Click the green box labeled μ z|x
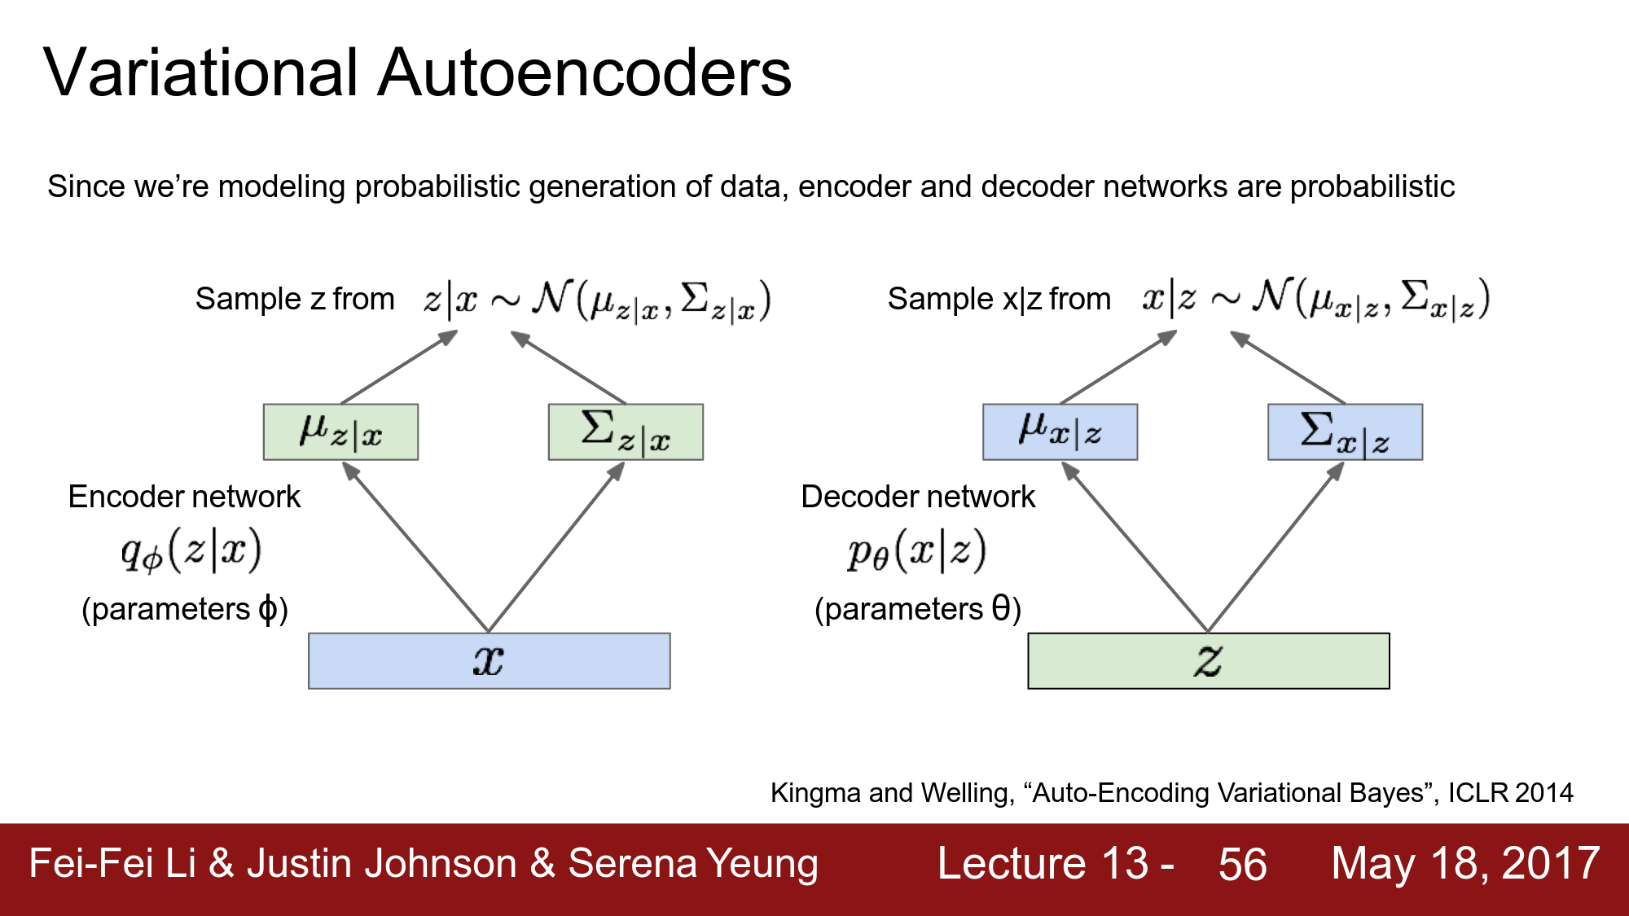(x=340, y=432)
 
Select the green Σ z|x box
(x=626, y=432)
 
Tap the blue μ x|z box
(x=1060, y=432)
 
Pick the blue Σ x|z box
(x=1345, y=432)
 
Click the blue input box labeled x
(x=489, y=661)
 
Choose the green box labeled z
(x=1208, y=661)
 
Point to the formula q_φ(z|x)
(x=191, y=550)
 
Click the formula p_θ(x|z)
(x=916, y=550)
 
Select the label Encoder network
(x=184, y=497)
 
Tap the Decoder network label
(x=918, y=497)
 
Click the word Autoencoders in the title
(x=584, y=73)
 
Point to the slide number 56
(x=1242, y=864)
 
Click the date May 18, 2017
(x=1464, y=864)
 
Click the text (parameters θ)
(x=918, y=609)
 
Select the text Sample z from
(x=295, y=299)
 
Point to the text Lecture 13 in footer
(x=1043, y=864)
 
